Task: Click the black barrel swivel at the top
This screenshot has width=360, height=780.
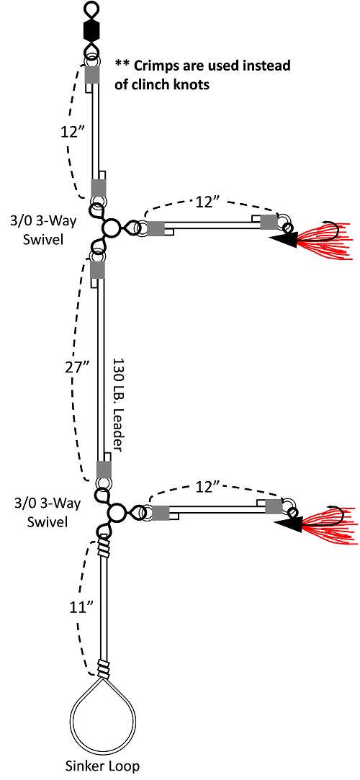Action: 91,31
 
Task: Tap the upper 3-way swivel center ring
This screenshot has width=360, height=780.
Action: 112,228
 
